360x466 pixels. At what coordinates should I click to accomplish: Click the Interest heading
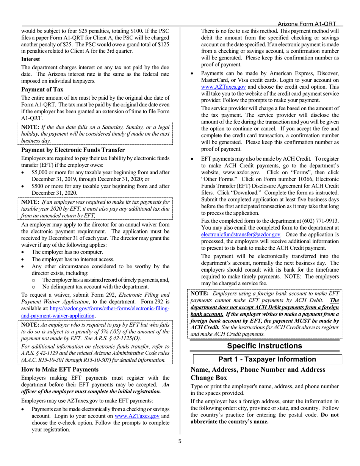pos(31,59)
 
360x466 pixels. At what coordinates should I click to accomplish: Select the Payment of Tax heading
pos(42,89)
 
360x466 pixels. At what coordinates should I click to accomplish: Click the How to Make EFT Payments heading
pos(60,369)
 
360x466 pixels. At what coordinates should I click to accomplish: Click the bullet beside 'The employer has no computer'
pos(24,252)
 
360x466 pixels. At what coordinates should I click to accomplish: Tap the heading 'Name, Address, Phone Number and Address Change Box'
pos(258,374)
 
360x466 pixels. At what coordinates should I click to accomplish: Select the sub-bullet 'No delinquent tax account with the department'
pos(95,287)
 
